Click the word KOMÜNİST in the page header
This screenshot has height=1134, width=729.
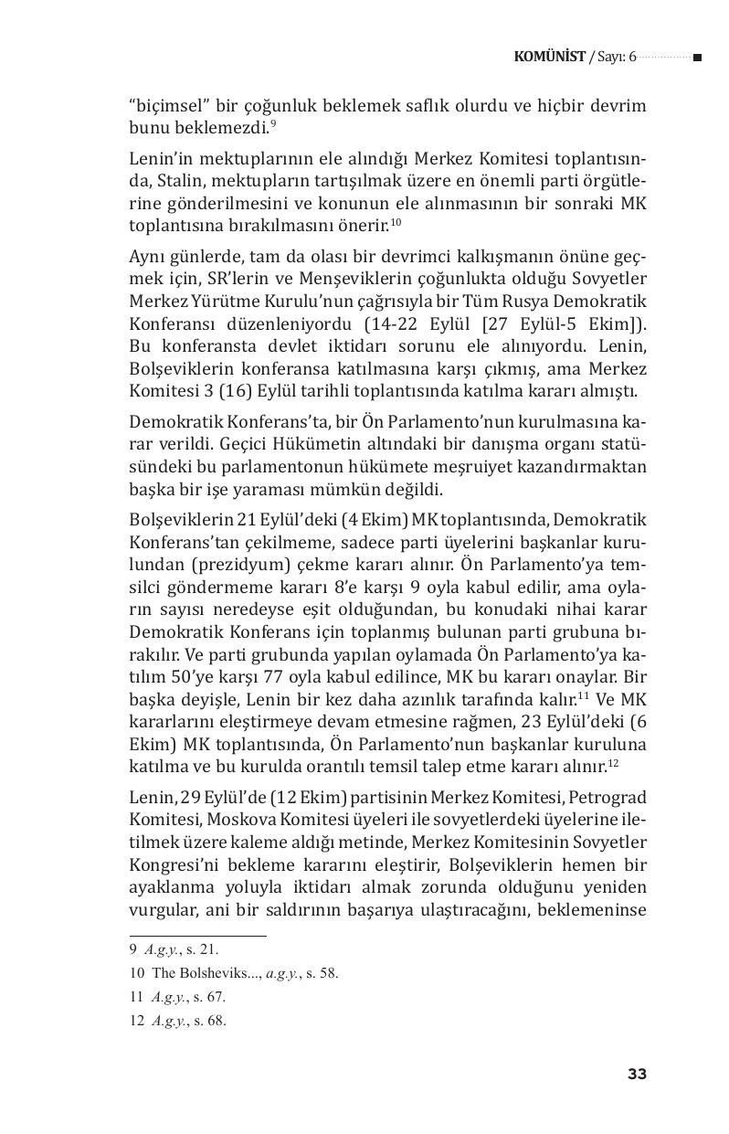pos(550,57)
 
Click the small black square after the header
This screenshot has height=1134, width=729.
pos(697,58)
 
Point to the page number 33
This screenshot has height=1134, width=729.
pos(637,1074)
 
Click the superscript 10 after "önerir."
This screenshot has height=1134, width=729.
pos(395,222)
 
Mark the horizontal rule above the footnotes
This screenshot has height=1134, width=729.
pos(197,936)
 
